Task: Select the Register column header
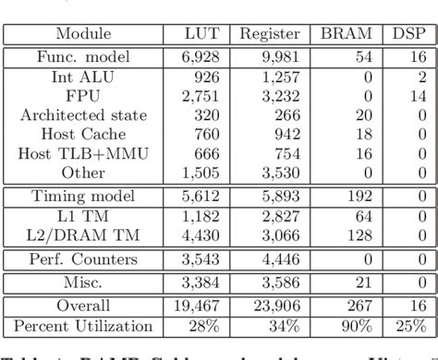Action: (270, 34)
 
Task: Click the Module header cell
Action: (84, 34)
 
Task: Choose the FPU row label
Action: (84, 95)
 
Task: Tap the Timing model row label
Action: (84, 196)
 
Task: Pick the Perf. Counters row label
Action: (84, 258)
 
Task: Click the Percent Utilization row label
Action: (84, 326)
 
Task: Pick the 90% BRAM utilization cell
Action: (356, 326)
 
